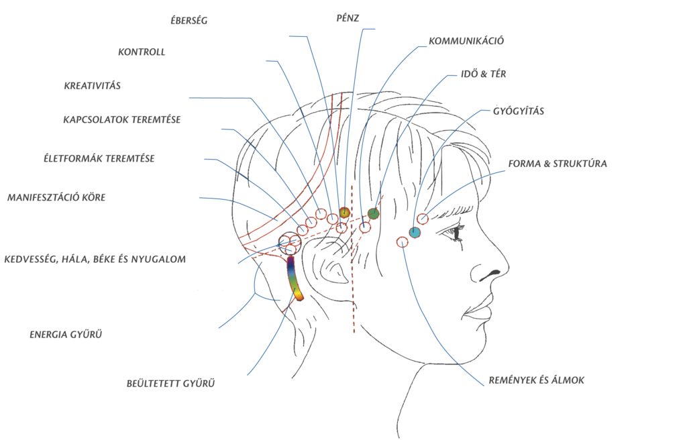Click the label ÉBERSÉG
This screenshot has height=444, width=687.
pyautogui.click(x=189, y=21)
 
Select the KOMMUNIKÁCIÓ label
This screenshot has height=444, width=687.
pyautogui.click(x=466, y=41)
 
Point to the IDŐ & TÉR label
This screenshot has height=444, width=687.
pyautogui.click(x=482, y=74)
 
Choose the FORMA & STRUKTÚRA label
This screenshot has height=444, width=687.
pyautogui.click(x=558, y=163)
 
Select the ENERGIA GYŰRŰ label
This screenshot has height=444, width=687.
pyautogui.click(x=66, y=333)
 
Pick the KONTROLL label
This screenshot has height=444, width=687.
pyautogui.click(x=141, y=52)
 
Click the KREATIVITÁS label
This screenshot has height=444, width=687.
pyautogui.click(x=92, y=86)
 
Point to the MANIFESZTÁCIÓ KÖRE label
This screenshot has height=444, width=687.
pyautogui.click(x=56, y=198)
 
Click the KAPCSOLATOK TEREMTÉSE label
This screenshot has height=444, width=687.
pyautogui.click(x=122, y=120)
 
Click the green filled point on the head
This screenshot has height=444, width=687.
pyautogui.click(x=374, y=214)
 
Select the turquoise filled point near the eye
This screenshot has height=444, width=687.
pyautogui.click(x=415, y=233)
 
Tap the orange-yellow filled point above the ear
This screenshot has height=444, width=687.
pyautogui.click(x=344, y=213)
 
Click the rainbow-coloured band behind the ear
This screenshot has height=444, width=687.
pyautogui.click(x=295, y=278)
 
